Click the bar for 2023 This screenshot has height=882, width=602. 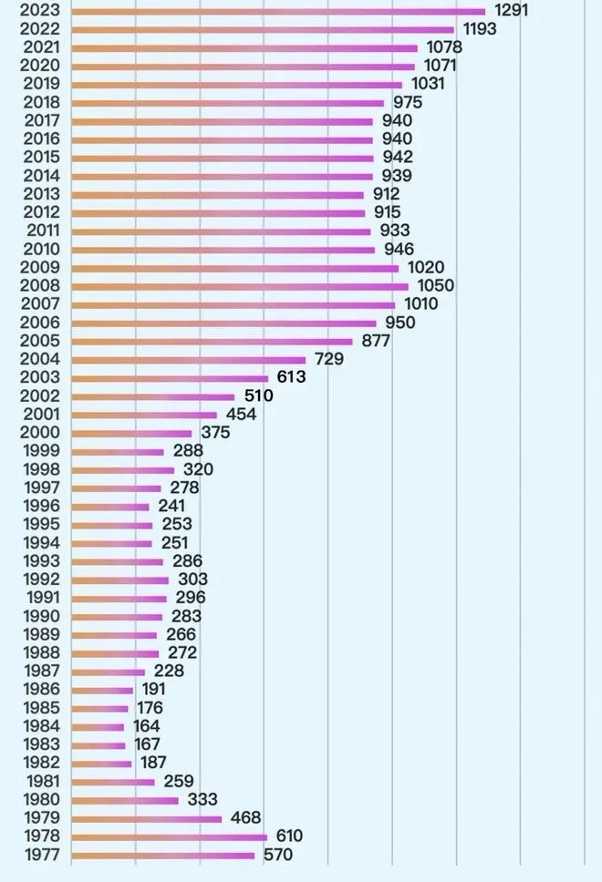(278, 12)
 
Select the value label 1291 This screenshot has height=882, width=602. (510, 11)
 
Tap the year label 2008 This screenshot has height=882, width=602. (40, 286)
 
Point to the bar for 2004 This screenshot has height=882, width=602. (188, 360)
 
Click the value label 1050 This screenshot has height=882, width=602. (435, 286)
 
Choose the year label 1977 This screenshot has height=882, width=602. (40, 855)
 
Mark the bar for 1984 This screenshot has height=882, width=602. (97, 726)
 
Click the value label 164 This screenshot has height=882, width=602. (146, 726)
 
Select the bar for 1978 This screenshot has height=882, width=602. (169, 836)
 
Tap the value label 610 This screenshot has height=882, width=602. (289, 836)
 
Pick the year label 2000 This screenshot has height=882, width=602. (40, 433)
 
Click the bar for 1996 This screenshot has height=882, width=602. (109, 507)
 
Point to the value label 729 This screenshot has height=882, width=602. (328, 360)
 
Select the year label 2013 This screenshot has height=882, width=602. (40, 194)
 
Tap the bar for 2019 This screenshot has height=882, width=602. (236, 85)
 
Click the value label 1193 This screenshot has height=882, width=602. (479, 29)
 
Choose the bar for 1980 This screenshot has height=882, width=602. (124, 800)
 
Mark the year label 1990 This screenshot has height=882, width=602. (40, 617)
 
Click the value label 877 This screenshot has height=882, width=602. (375, 341)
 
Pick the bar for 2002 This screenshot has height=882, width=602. (152, 396)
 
